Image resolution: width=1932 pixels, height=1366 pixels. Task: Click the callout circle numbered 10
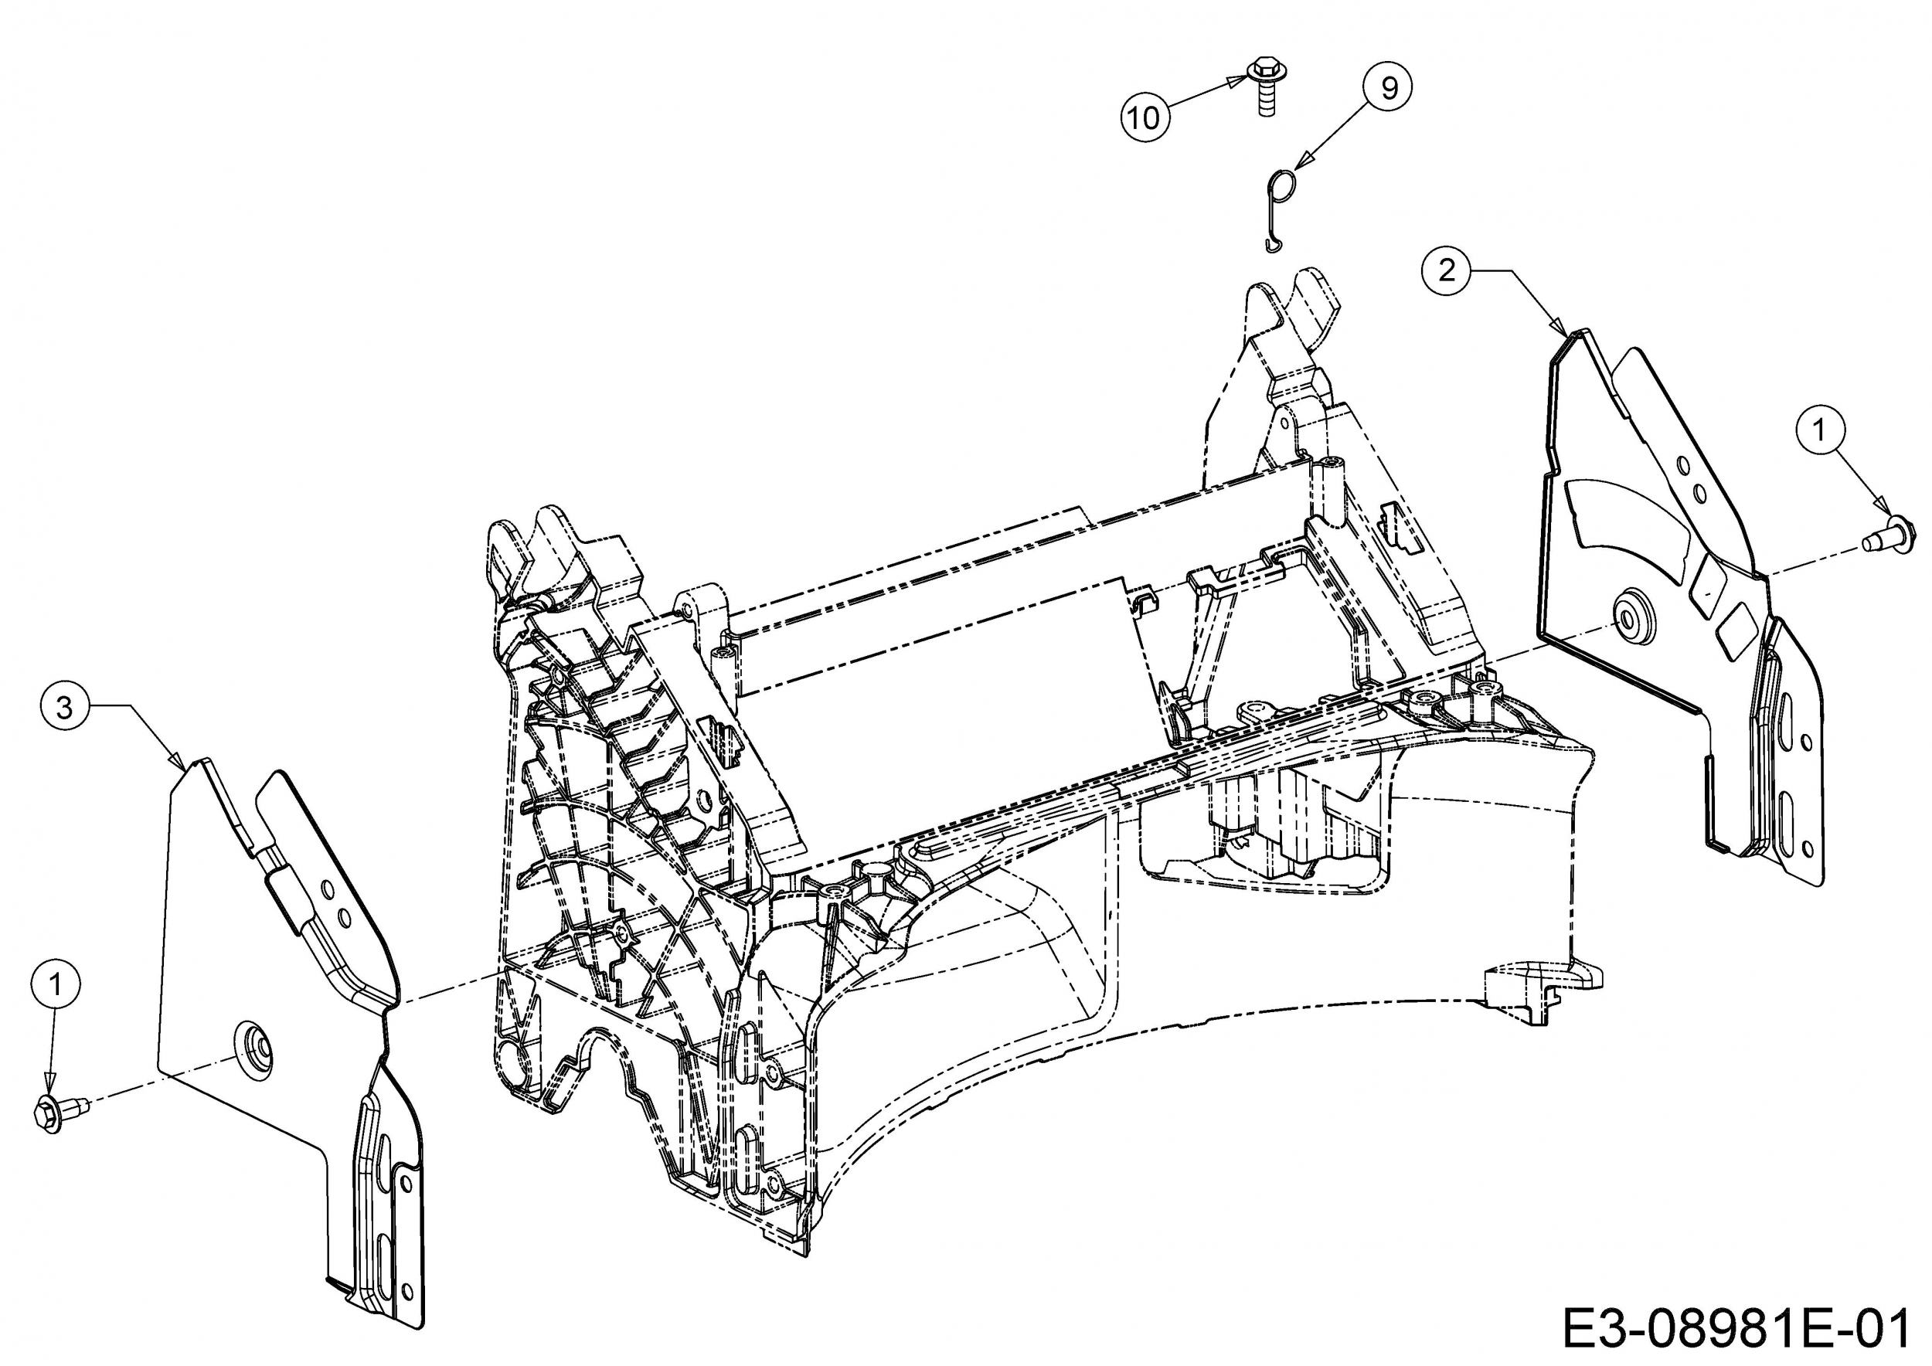[1145, 117]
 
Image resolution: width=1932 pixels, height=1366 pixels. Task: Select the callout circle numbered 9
[1389, 87]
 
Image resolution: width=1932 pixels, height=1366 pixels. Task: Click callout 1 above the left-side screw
[56, 984]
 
